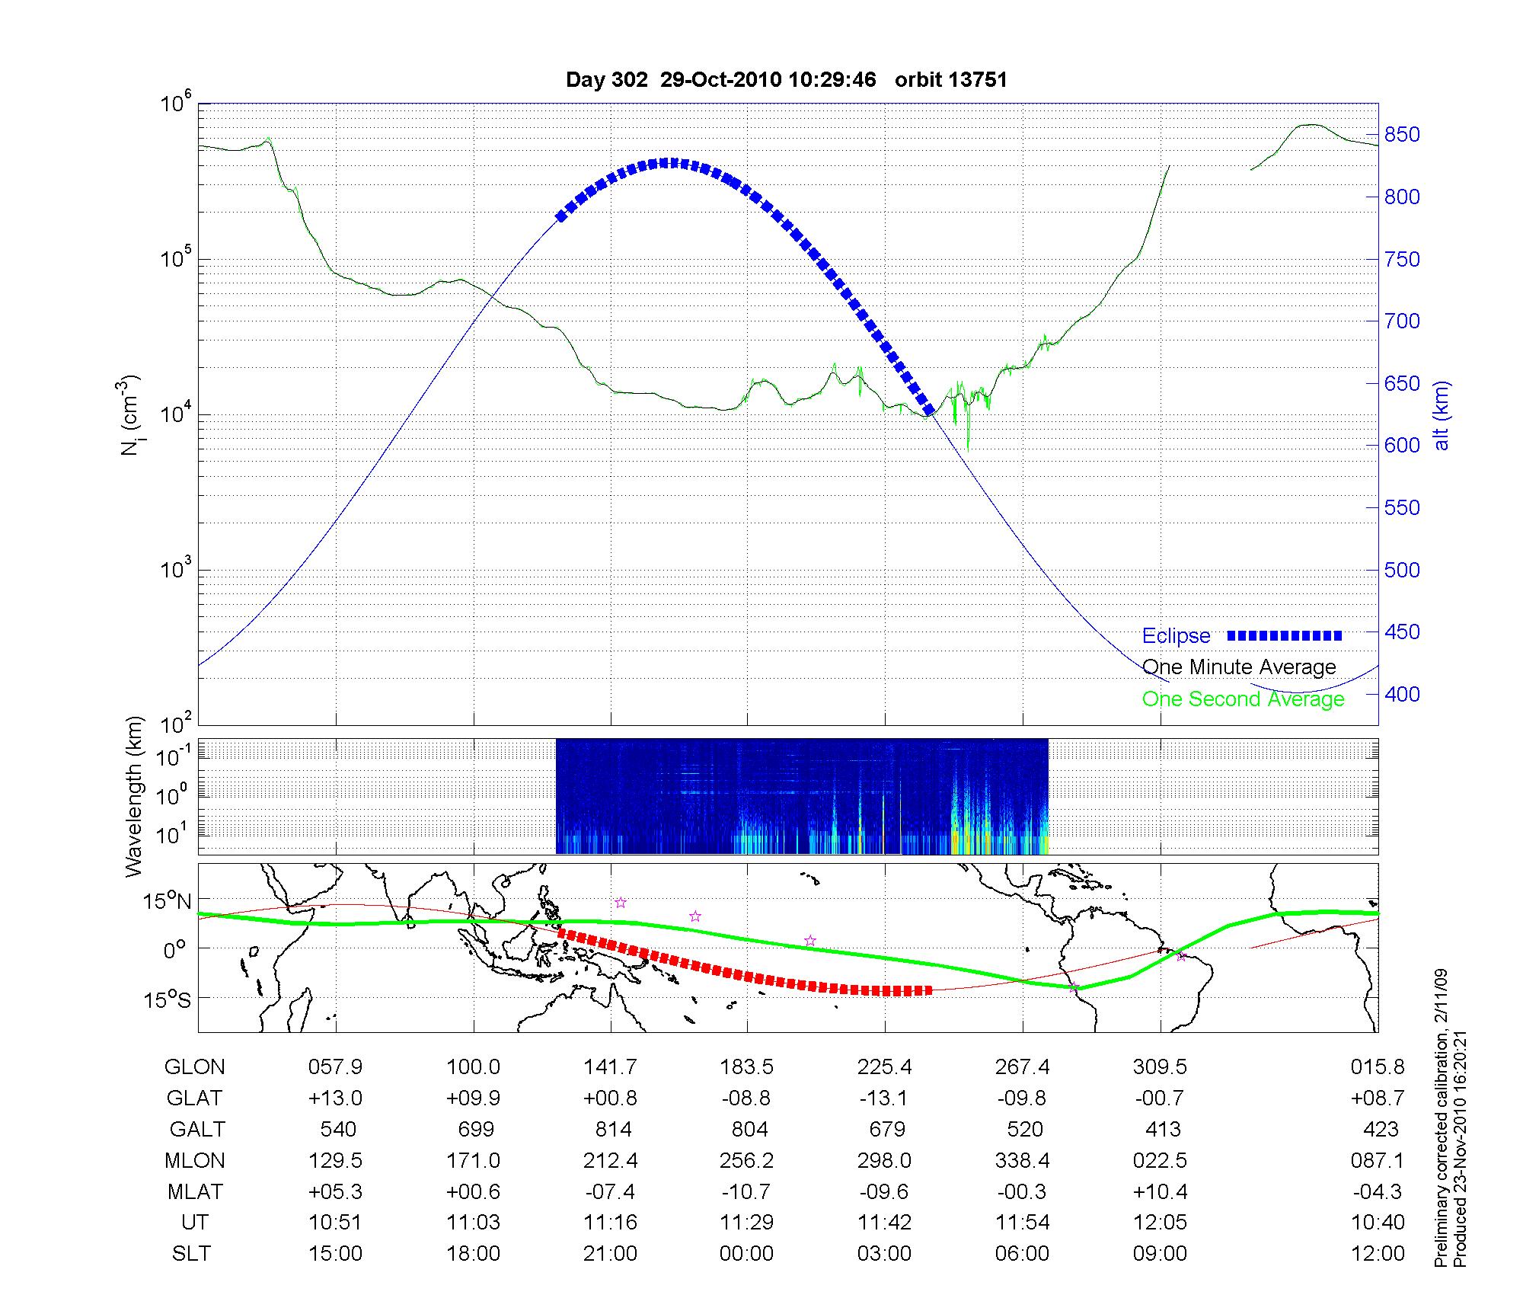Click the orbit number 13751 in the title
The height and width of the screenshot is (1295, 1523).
(x=979, y=80)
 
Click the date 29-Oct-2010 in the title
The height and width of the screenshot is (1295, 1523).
(x=720, y=80)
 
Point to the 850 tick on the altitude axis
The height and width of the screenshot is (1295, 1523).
(x=1402, y=135)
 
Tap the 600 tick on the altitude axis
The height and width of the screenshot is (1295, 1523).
(x=1402, y=446)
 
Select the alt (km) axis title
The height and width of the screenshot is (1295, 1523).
(x=1442, y=415)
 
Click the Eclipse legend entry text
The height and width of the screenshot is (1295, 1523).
(x=1176, y=636)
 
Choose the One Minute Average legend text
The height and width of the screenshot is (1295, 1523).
(x=1239, y=667)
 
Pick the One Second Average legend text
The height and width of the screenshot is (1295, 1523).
(x=1243, y=699)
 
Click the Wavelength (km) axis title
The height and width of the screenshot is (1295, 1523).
(x=135, y=796)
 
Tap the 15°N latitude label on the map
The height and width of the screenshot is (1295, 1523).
(x=168, y=902)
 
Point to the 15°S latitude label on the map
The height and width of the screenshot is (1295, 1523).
(x=168, y=999)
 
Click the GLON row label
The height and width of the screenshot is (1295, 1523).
(x=194, y=1067)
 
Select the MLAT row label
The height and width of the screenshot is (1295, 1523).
(x=194, y=1191)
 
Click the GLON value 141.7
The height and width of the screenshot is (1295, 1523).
(x=610, y=1067)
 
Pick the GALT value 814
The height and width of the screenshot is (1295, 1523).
(x=613, y=1130)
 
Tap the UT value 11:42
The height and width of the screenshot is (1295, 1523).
(x=884, y=1223)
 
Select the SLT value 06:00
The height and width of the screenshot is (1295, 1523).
(x=1022, y=1254)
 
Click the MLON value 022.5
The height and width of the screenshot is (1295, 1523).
(x=1160, y=1161)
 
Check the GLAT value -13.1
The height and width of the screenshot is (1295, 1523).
(x=884, y=1098)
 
